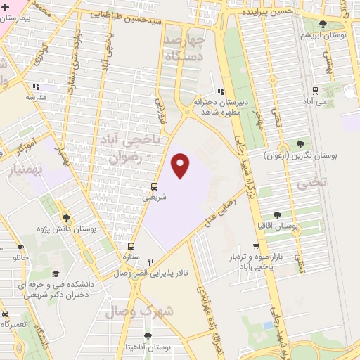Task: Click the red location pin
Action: click(181, 165)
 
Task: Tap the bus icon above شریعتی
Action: click(154, 186)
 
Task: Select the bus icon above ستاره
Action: click(131, 246)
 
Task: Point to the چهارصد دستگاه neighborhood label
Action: click(202, 47)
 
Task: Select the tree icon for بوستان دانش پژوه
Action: click(66, 218)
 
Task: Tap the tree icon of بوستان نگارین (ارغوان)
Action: click(300, 143)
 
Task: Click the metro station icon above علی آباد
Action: click(314, 90)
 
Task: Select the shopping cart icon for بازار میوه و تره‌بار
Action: click(256, 246)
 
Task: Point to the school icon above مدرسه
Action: click(35, 86)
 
